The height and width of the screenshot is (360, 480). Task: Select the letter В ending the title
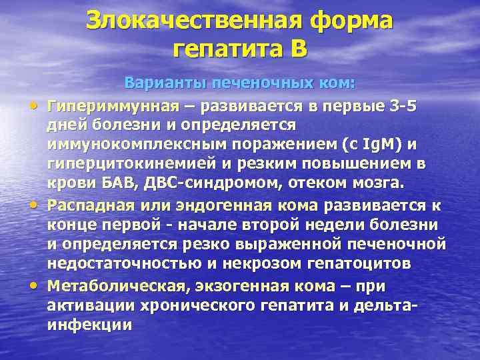pos(297,49)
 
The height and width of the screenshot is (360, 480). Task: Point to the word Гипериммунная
pos(113,106)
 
